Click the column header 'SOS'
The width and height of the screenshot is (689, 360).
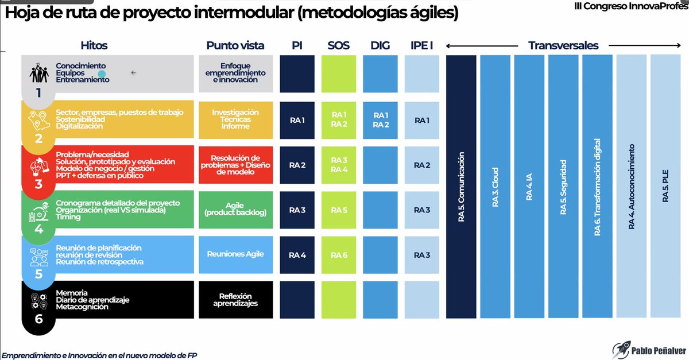(x=339, y=45)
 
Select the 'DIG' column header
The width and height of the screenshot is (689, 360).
(x=380, y=45)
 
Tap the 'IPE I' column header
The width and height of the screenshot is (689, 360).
(x=422, y=45)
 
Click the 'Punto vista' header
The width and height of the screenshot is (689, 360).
(x=235, y=45)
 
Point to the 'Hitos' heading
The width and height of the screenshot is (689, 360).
(x=94, y=45)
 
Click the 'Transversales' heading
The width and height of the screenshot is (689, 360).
(x=563, y=45)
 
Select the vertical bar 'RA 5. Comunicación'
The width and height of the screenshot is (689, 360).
(x=461, y=187)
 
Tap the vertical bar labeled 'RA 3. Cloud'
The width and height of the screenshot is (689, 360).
(x=495, y=187)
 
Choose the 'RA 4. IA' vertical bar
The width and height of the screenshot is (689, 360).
(x=529, y=187)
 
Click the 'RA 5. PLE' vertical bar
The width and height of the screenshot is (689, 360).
(x=665, y=187)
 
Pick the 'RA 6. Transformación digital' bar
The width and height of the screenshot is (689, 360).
(x=597, y=187)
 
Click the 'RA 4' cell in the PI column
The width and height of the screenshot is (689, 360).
(x=297, y=255)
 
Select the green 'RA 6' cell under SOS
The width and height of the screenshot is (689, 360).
(x=339, y=255)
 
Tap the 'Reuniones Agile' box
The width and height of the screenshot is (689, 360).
(x=235, y=254)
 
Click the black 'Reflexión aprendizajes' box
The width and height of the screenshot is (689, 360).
(x=235, y=300)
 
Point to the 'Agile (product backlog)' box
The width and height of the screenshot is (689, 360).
(x=235, y=210)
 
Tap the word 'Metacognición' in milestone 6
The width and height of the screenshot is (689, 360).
(x=82, y=307)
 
